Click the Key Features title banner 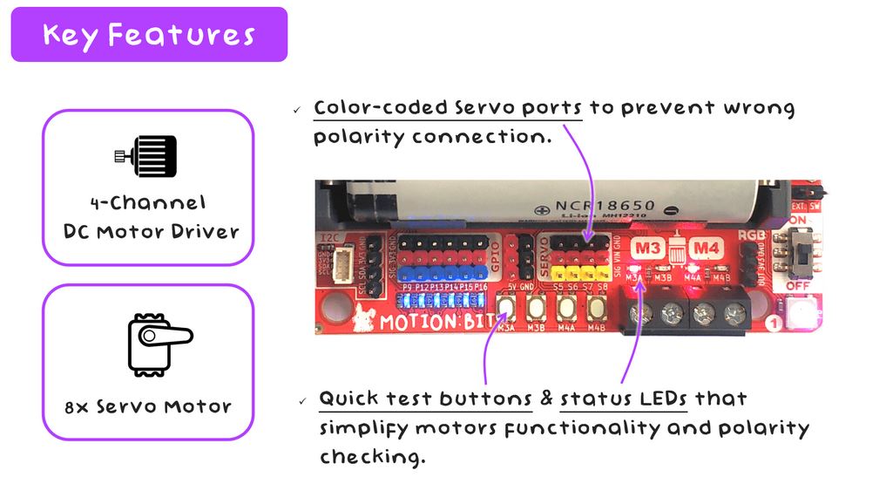[149, 35]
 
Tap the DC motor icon [146, 156]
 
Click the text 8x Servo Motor [147, 406]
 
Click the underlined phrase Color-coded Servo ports [447, 109]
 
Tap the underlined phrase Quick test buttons [425, 399]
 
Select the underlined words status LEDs [623, 399]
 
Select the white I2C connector [345, 261]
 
